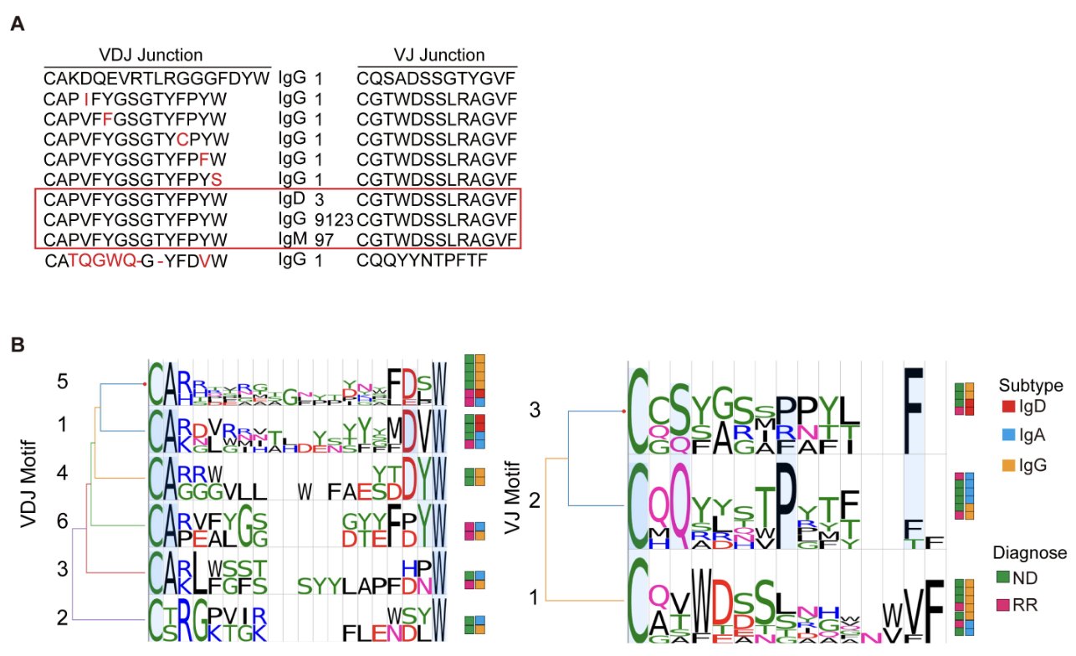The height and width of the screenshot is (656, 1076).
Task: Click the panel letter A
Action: [x=17, y=24]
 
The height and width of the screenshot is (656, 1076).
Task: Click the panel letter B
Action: [x=17, y=343]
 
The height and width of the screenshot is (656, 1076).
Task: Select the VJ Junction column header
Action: [x=439, y=55]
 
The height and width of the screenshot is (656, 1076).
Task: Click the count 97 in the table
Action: [x=325, y=240]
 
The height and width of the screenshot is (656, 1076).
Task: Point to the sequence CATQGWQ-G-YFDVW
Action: [x=136, y=260]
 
